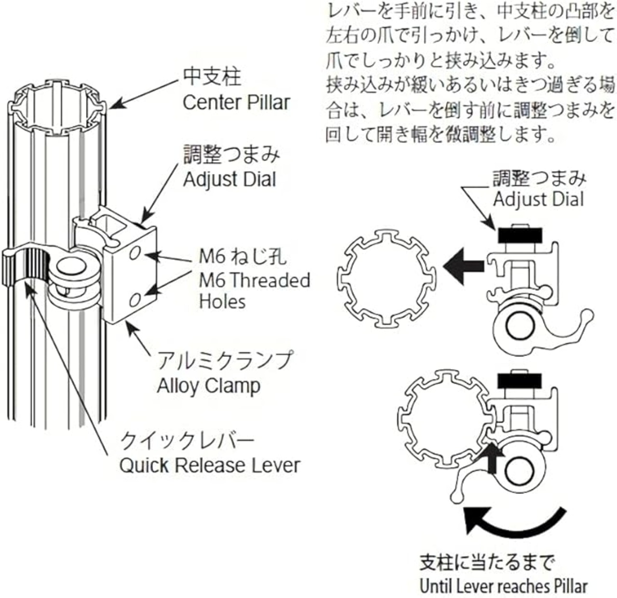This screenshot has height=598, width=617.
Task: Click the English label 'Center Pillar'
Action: (x=236, y=103)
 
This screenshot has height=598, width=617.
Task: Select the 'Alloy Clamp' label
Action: (x=208, y=386)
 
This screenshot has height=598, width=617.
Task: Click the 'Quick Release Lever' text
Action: (x=209, y=466)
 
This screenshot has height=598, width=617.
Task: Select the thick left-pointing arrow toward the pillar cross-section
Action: (x=463, y=265)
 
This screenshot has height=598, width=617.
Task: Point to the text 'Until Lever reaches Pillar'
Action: (x=504, y=586)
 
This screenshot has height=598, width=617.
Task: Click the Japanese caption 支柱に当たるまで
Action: (x=487, y=562)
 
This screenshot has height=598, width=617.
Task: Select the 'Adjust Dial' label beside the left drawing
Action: (x=229, y=179)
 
